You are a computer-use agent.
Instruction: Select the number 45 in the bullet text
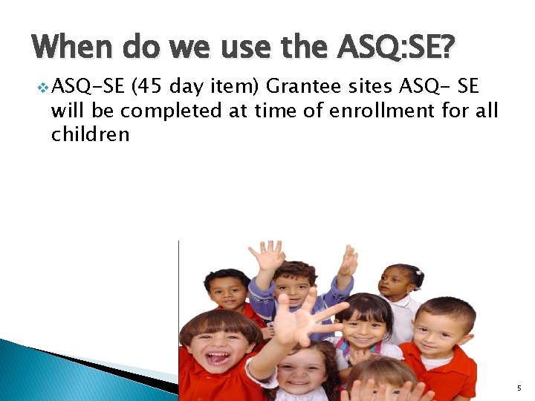[149, 88]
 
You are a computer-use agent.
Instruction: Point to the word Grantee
[303, 88]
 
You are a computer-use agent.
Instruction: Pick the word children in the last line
[90, 134]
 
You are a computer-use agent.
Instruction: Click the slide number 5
[518, 388]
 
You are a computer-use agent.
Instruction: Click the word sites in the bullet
[371, 88]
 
